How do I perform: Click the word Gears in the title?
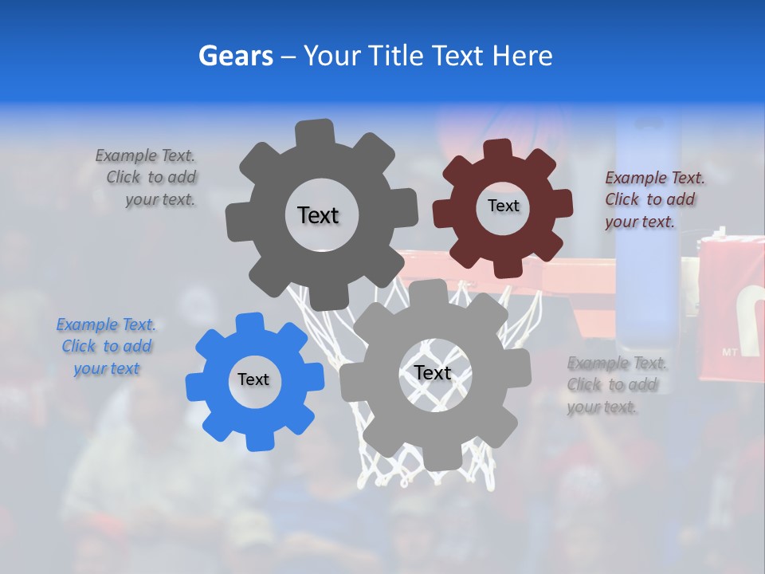pos(236,56)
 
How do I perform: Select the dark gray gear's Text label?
pos(318,215)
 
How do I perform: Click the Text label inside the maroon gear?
pos(503,206)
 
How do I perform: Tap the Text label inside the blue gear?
pos(253,379)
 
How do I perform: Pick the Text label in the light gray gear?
pos(433,372)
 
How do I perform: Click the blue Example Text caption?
pos(106,347)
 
